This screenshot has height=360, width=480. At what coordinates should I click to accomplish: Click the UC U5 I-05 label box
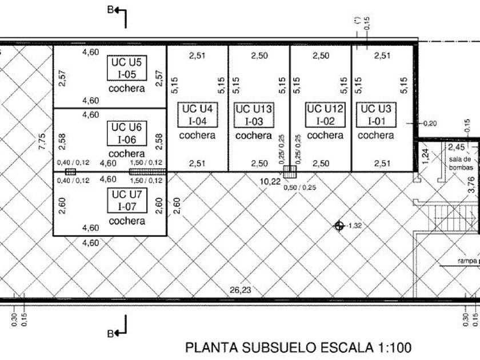pos(126,68)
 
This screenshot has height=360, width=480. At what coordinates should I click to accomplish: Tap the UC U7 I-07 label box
pos(126,200)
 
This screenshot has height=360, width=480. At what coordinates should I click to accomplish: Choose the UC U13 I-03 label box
pos(254,114)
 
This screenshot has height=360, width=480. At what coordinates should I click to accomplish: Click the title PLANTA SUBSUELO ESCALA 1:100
pos(298,347)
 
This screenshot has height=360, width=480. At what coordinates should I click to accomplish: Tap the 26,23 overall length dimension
pos(240,290)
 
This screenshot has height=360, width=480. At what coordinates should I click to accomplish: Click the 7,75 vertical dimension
pos(41,141)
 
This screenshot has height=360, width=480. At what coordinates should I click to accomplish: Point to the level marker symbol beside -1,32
pos(339,226)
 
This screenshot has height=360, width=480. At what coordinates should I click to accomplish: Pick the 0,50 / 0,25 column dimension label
pos(301,187)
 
